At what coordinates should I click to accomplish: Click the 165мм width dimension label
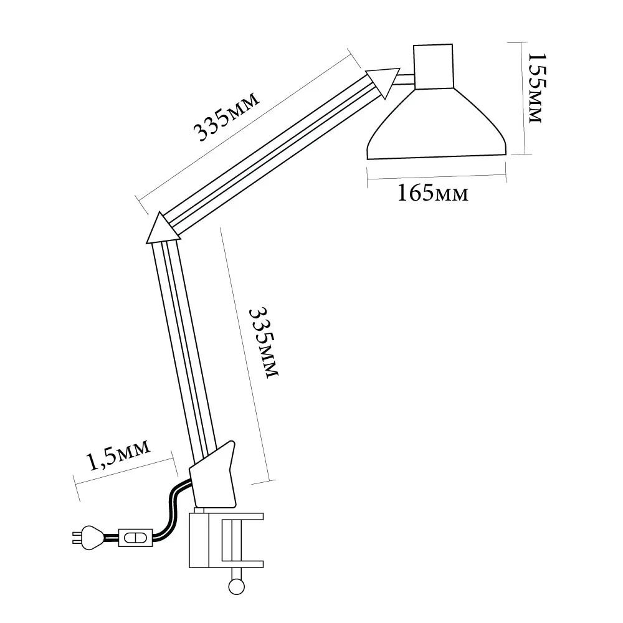pos(433,193)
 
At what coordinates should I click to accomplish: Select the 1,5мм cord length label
pos(118,455)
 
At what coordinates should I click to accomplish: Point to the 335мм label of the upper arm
pos(227,116)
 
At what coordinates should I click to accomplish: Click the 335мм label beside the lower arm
pos(264,343)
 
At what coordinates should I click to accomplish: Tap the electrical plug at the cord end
pos(88,538)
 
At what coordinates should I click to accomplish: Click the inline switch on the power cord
pos(135,538)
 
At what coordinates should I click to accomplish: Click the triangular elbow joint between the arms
pos(162,229)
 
